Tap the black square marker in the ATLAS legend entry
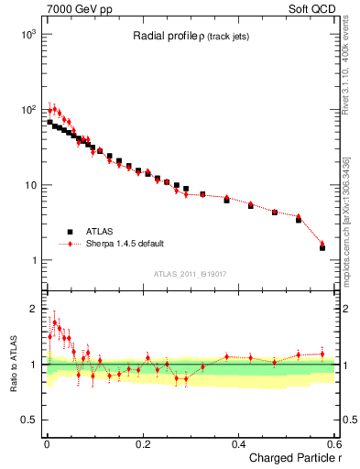pos(69,232)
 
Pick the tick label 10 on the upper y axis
pos(29,185)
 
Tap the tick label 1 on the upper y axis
pos(33,261)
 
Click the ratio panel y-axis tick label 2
pos(32,309)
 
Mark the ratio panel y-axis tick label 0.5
pos(27,420)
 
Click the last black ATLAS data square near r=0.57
pos(322,247)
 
